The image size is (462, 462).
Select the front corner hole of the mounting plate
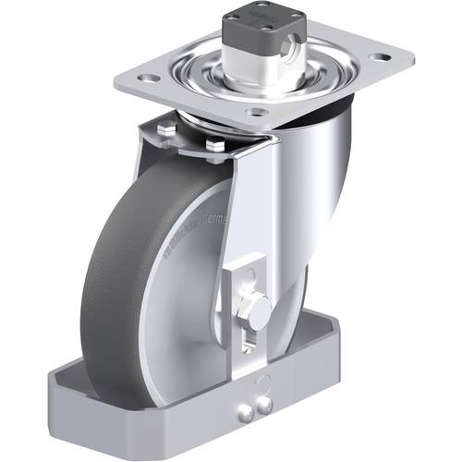click(258, 112)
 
